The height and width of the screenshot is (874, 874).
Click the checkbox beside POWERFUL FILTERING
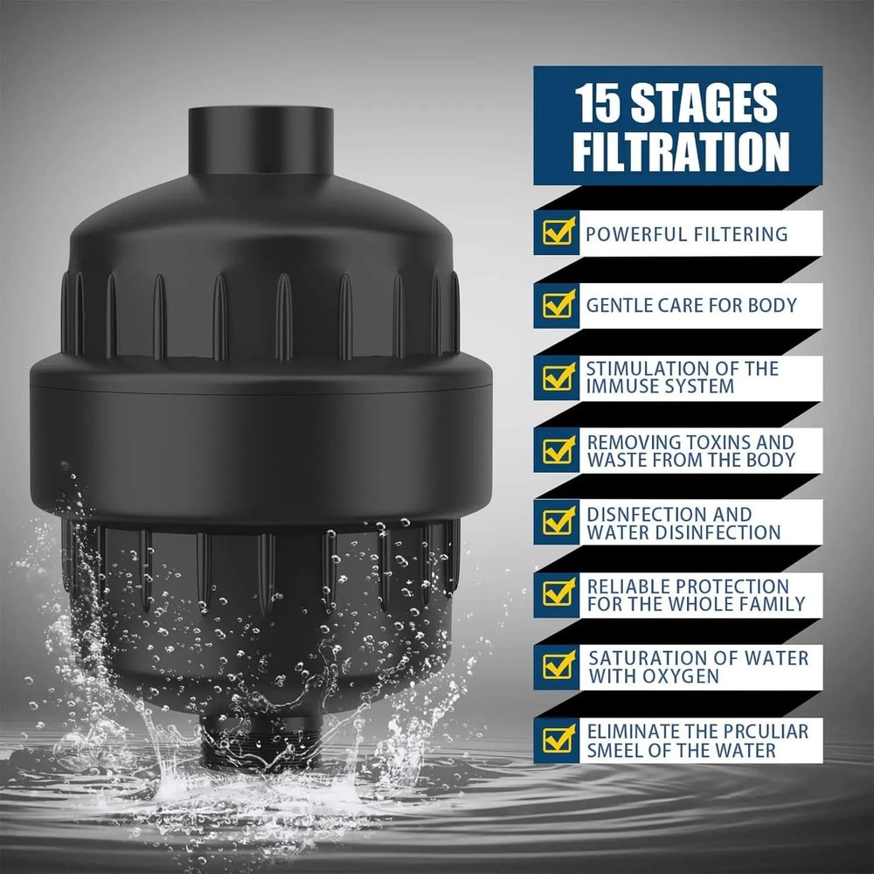point(557,233)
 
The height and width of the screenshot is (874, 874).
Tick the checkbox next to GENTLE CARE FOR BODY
point(557,305)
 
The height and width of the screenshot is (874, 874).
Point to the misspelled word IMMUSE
point(627,386)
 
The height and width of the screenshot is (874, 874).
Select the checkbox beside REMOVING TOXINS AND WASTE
point(557,449)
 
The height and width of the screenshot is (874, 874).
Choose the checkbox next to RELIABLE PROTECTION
point(557,593)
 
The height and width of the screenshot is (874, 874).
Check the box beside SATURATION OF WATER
point(557,666)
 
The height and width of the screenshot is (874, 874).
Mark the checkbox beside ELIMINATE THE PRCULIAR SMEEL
point(557,739)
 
